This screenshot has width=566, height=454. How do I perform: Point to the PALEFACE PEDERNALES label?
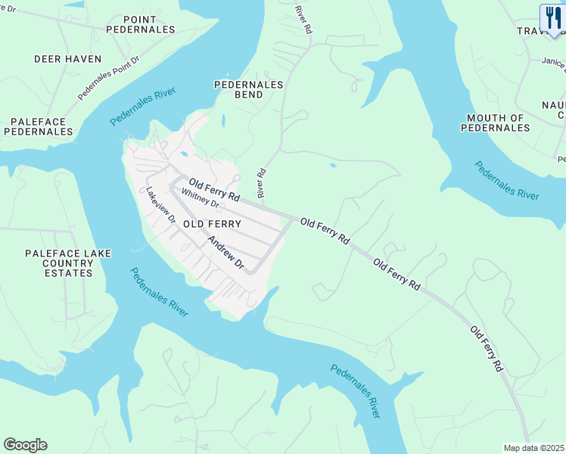[x=38, y=126]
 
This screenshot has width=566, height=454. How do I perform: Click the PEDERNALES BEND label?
[x=248, y=89]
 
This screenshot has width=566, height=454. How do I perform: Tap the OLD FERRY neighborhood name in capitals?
[x=212, y=224]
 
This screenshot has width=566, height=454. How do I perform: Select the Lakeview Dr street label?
[x=160, y=205]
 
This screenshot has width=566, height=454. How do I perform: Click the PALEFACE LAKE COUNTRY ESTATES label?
[x=59, y=263]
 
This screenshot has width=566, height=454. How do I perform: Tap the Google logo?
[x=25, y=445]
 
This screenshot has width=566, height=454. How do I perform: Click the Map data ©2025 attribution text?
[x=533, y=448]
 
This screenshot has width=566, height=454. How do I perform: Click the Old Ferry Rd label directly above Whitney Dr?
[x=214, y=189]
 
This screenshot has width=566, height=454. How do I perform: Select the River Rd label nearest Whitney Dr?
[x=262, y=183]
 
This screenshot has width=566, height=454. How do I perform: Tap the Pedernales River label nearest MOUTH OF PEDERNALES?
[x=507, y=180]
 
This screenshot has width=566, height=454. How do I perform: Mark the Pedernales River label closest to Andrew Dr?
[x=158, y=292]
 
